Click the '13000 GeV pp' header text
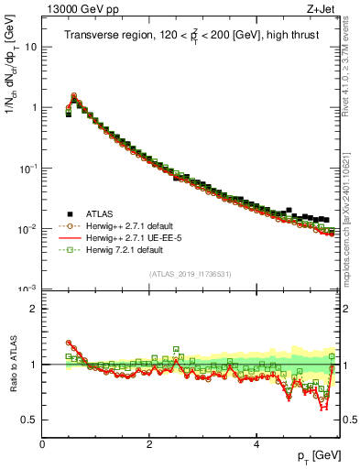click(78, 10)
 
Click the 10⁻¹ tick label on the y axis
click(27, 168)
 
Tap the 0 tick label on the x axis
click(42, 444)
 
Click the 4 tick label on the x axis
click(256, 444)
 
